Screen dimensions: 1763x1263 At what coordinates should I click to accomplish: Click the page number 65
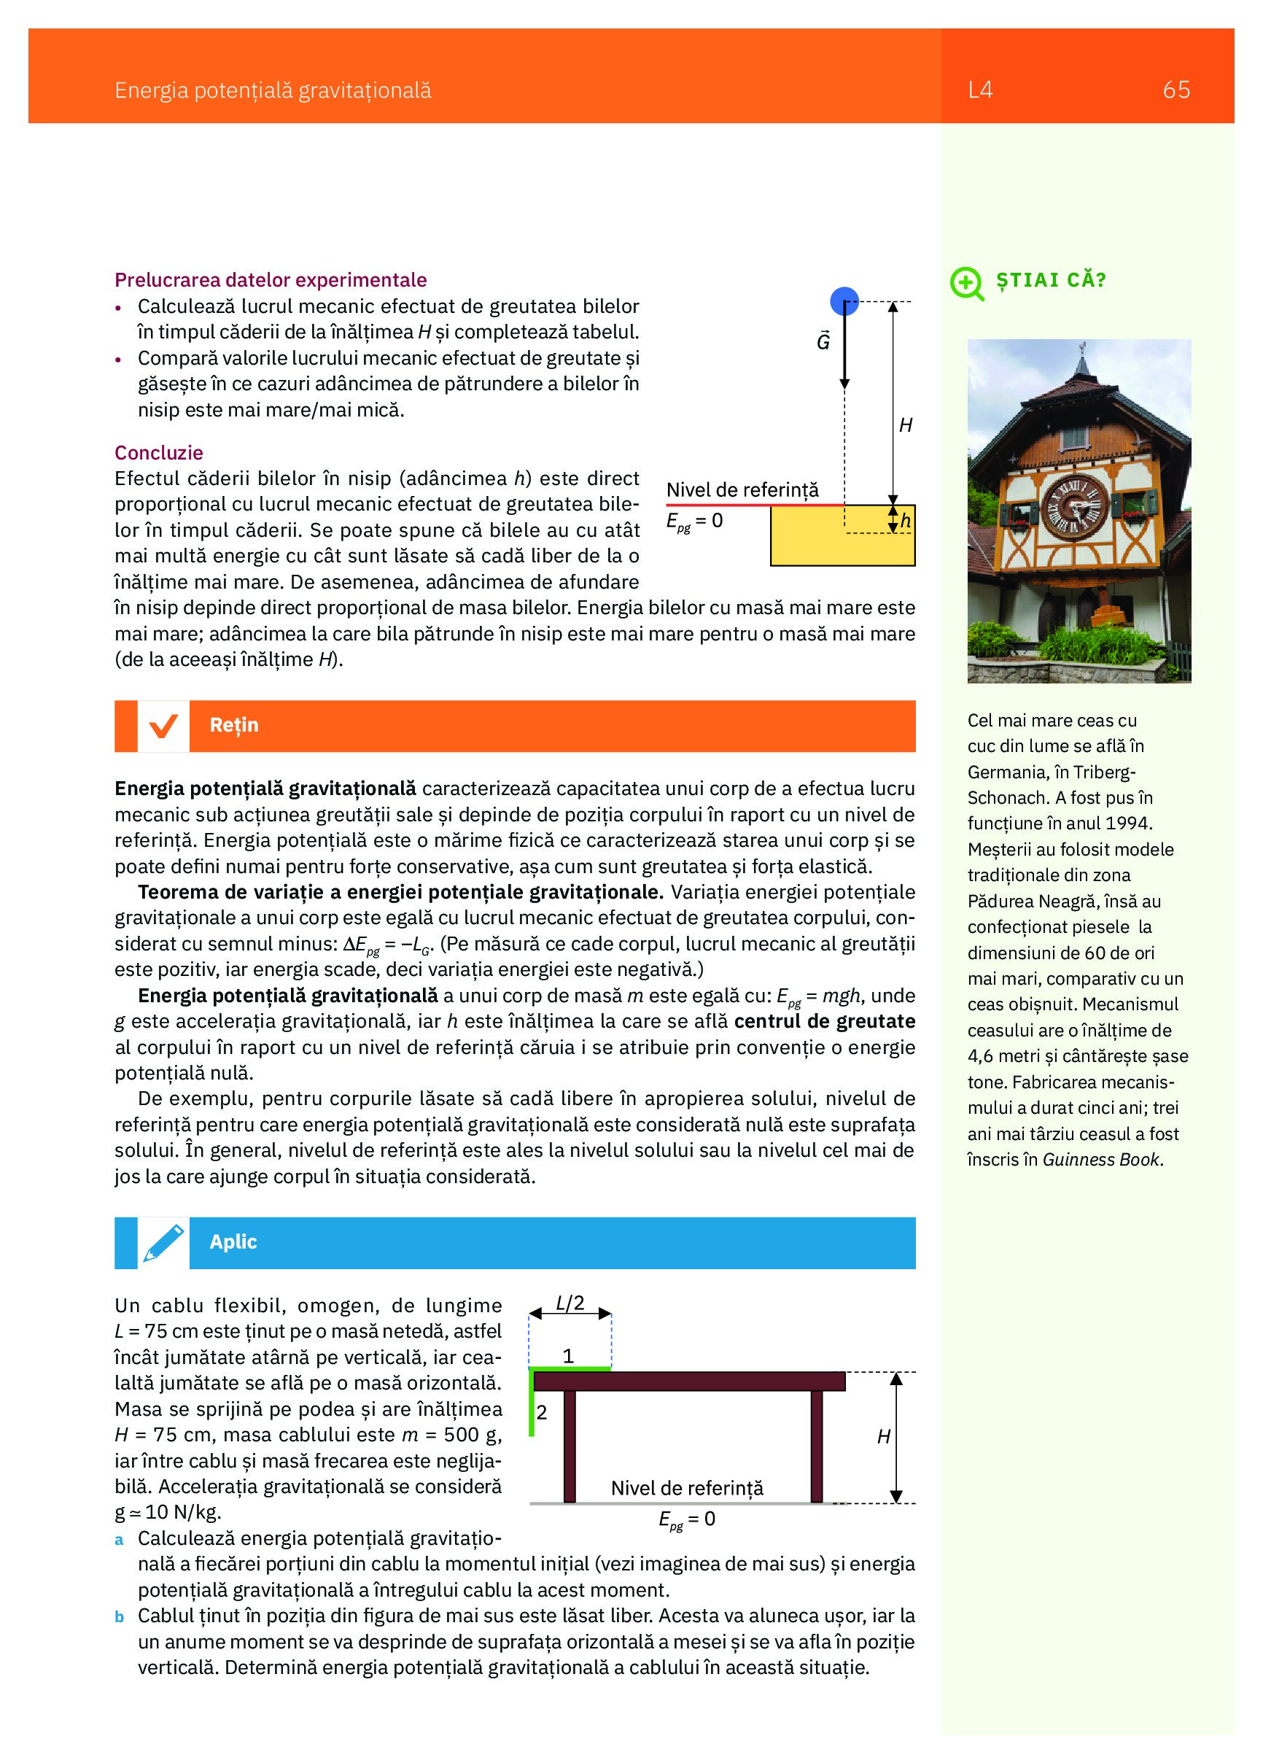point(1175,90)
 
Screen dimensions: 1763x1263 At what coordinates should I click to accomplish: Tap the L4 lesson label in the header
point(980,90)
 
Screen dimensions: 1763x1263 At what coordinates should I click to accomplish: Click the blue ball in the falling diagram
point(844,301)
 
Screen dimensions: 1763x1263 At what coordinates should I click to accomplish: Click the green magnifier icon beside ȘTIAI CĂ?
point(966,283)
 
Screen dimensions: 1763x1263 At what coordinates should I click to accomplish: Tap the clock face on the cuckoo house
point(1073,507)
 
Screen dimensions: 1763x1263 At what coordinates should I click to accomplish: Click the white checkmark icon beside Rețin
point(163,726)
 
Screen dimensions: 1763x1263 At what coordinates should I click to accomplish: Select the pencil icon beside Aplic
point(163,1244)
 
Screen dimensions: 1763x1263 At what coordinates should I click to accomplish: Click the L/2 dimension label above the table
point(570,1303)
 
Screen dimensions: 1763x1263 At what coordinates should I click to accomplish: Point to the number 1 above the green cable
point(568,1357)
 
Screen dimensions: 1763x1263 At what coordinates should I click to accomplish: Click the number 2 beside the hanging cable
point(542,1413)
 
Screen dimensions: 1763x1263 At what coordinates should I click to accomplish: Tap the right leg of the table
point(816,1446)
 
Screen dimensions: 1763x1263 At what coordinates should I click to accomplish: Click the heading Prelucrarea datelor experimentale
point(271,280)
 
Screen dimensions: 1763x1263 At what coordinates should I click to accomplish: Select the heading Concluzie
point(158,453)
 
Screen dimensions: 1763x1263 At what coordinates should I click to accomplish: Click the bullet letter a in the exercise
point(119,1540)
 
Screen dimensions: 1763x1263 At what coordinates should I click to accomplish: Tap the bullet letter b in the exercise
point(119,1618)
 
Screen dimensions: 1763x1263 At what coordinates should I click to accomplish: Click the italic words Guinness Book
point(1101,1160)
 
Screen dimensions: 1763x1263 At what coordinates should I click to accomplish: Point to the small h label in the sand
point(906,522)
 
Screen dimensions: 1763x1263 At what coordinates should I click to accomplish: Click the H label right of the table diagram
point(884,1437)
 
